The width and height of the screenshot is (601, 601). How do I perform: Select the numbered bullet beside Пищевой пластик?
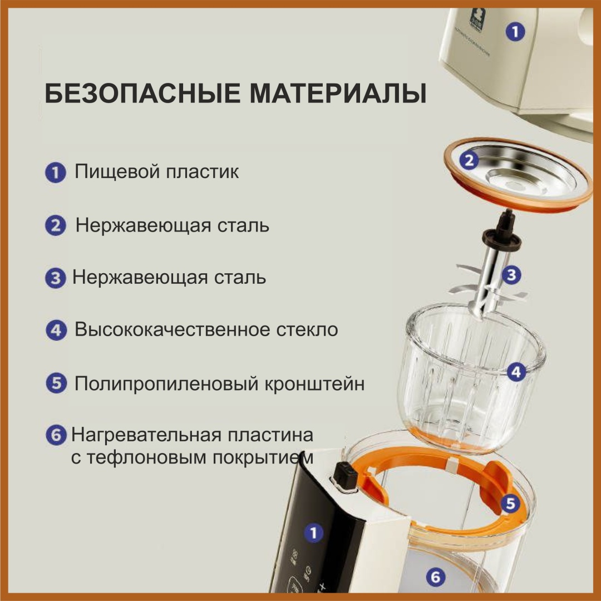click(56, 173)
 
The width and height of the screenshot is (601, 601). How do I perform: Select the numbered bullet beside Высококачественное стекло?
click(56, 330)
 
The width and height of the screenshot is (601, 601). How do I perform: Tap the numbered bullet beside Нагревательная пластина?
click(56, 435)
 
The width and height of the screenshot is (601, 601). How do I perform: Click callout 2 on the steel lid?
click(469, 160)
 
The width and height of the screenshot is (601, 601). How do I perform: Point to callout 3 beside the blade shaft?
click(511, 274)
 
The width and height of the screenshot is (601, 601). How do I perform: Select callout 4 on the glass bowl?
click(516, 372)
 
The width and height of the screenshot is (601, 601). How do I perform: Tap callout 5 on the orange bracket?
click(510, 503)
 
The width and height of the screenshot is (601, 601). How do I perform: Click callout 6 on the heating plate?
click(435, 577)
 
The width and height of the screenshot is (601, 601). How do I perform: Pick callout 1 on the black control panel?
click(313, 533)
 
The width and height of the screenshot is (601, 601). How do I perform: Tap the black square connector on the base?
click(346, 476)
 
